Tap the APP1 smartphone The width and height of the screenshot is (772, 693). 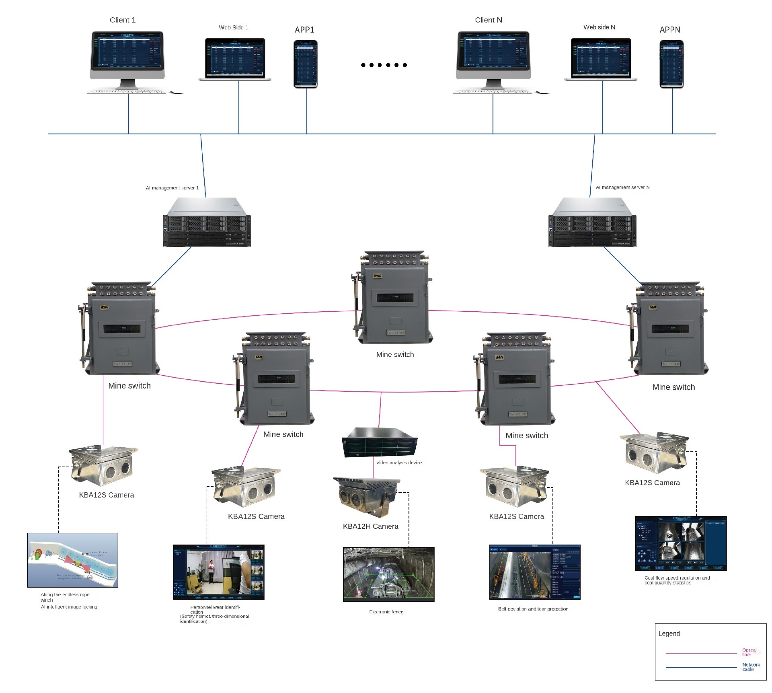(306, 64)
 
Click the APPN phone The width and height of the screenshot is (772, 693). (671, 64)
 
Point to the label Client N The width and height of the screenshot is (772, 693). (488, 20)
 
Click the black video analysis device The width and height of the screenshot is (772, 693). (379, 442)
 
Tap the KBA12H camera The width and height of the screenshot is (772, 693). (366, 497)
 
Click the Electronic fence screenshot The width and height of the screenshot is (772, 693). (388, 574)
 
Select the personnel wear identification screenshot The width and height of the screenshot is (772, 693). (218, 572)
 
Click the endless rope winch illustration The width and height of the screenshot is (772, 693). (72, 560)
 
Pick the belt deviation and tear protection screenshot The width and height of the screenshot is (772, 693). (534, 572)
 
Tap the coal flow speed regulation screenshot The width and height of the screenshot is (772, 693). (680, 543)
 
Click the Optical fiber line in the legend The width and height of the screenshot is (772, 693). (701, 653)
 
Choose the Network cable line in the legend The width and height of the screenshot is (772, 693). (701, 667)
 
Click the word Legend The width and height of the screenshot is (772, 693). (669, 633)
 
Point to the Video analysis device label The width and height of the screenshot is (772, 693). (398, 463)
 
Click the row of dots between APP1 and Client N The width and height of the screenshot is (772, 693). (384, 65)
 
